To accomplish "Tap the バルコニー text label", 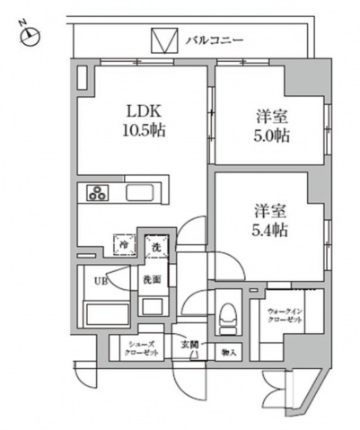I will [215, 40].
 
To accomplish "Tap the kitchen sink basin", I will [142, 193].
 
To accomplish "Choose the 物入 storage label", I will [229, 352].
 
